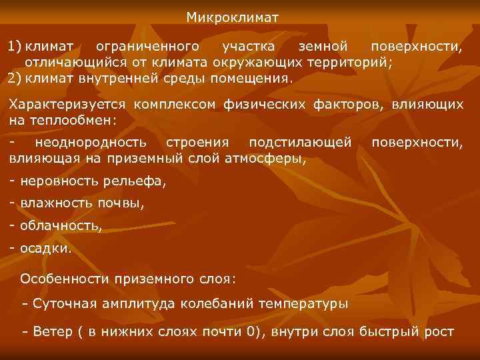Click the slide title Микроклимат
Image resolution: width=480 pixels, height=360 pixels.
point(233,16)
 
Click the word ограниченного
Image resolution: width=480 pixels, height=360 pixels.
point(147,47)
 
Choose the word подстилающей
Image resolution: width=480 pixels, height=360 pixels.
point(299,143)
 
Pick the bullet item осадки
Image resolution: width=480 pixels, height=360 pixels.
point(45,248)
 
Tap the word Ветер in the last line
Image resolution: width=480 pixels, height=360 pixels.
point(49,331)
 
